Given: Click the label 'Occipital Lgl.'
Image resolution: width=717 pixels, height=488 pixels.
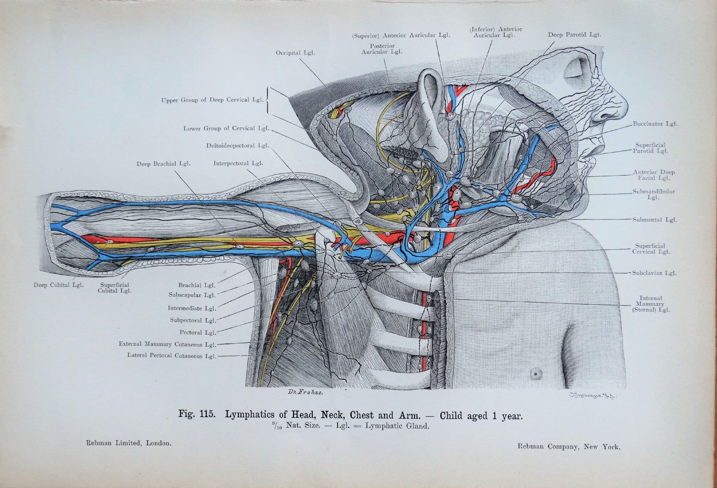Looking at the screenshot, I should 295,53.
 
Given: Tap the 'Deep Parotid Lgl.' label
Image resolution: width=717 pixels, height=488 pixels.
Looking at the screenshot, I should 574,35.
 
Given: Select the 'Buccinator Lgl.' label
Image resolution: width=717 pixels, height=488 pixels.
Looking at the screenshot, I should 655,124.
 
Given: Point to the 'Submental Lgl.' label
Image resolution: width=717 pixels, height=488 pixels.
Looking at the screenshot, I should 654,220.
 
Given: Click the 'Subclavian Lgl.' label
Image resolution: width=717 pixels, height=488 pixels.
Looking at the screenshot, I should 654,273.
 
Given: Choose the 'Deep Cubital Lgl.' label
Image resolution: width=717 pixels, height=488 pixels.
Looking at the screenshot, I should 58,285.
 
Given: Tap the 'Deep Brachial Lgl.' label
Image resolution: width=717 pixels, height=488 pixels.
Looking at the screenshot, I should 163,163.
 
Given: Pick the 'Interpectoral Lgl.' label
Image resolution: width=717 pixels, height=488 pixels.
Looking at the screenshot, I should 238,163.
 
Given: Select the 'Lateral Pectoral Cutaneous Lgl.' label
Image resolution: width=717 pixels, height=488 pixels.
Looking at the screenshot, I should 172,356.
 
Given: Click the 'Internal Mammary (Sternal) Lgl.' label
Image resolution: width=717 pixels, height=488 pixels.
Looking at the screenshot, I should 651,304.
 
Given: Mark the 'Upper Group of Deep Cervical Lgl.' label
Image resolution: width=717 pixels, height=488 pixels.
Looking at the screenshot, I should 212,100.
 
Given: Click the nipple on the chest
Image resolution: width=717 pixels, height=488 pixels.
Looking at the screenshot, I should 535,374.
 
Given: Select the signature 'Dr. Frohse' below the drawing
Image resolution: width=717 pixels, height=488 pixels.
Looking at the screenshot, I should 305,392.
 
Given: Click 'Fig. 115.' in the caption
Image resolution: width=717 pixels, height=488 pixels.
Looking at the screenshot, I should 196,414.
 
